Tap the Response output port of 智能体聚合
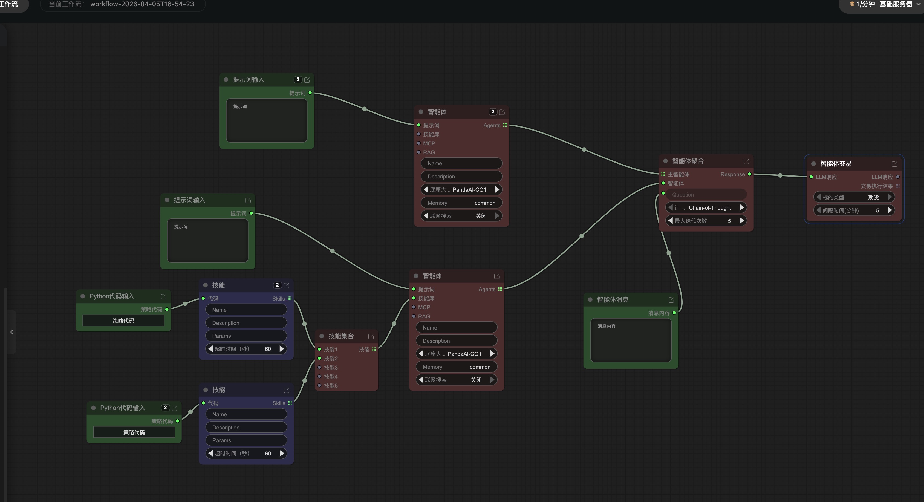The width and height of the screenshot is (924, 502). tap(749, 174)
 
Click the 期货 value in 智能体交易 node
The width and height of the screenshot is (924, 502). tap(873, 197)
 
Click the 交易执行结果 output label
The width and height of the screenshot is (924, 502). tap(876, 186)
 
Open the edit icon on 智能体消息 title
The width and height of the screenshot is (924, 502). tap(671, 300)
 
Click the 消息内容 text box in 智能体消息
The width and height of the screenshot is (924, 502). tap(631, 340)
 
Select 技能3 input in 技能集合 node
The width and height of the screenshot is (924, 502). tap(330, 367)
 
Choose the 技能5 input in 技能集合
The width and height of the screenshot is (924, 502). tap(330, 385)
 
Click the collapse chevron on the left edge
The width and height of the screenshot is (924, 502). tap(11, 332)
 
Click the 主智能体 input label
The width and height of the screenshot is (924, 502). tap(678, 174)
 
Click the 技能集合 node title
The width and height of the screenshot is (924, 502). tap(341, 336)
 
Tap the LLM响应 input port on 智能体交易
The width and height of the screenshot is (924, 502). tap(811, 177)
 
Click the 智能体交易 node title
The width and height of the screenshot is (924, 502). tap(836, 164)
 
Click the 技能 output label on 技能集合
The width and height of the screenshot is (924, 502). tap(364, 350)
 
